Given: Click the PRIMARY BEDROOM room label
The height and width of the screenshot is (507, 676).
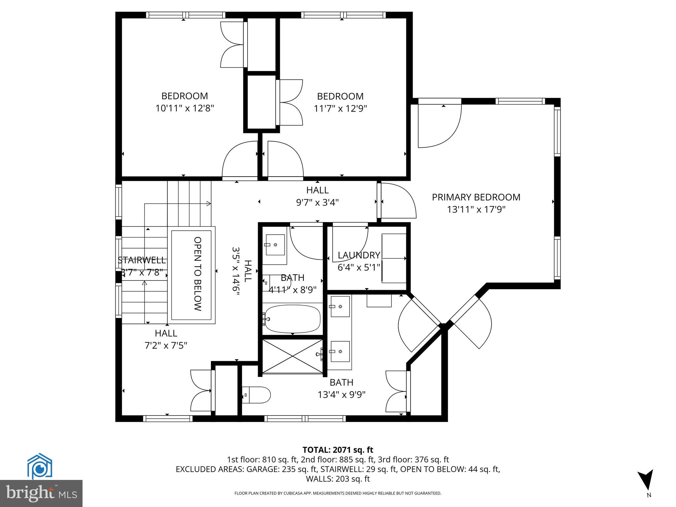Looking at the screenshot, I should click(476, 197).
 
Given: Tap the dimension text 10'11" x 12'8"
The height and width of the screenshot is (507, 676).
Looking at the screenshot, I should click(185, 108).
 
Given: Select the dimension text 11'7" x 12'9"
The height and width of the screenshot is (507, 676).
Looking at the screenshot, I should click(340, 108).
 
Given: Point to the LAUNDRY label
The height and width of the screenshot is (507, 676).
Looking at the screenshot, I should click(359, 255).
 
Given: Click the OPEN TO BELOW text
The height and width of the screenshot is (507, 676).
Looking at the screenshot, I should click(197, 274).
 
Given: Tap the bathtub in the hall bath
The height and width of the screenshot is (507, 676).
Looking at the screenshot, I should click(292, 319).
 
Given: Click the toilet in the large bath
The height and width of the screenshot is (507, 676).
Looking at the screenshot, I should click(257, 395).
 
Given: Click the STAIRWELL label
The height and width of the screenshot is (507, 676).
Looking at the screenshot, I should click(142, 260).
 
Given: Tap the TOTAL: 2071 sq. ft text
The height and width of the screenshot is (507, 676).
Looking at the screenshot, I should click(338, 450).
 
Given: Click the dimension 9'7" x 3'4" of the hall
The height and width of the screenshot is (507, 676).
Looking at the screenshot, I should click(317, 202).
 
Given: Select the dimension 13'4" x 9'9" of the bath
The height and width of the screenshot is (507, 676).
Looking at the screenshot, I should click(341, 394).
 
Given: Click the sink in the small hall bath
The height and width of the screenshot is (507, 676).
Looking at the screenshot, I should click(275, 245).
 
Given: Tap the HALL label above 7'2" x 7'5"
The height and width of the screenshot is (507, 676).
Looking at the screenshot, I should click(166, 333).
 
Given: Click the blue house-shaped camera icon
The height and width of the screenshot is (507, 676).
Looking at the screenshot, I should click(40, 467).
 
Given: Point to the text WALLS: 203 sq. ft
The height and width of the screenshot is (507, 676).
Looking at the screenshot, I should click(338, 479).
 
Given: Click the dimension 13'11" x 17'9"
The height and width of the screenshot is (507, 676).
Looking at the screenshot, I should click(476, 209).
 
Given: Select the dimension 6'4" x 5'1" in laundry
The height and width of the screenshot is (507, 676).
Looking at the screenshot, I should click(359, 267).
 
